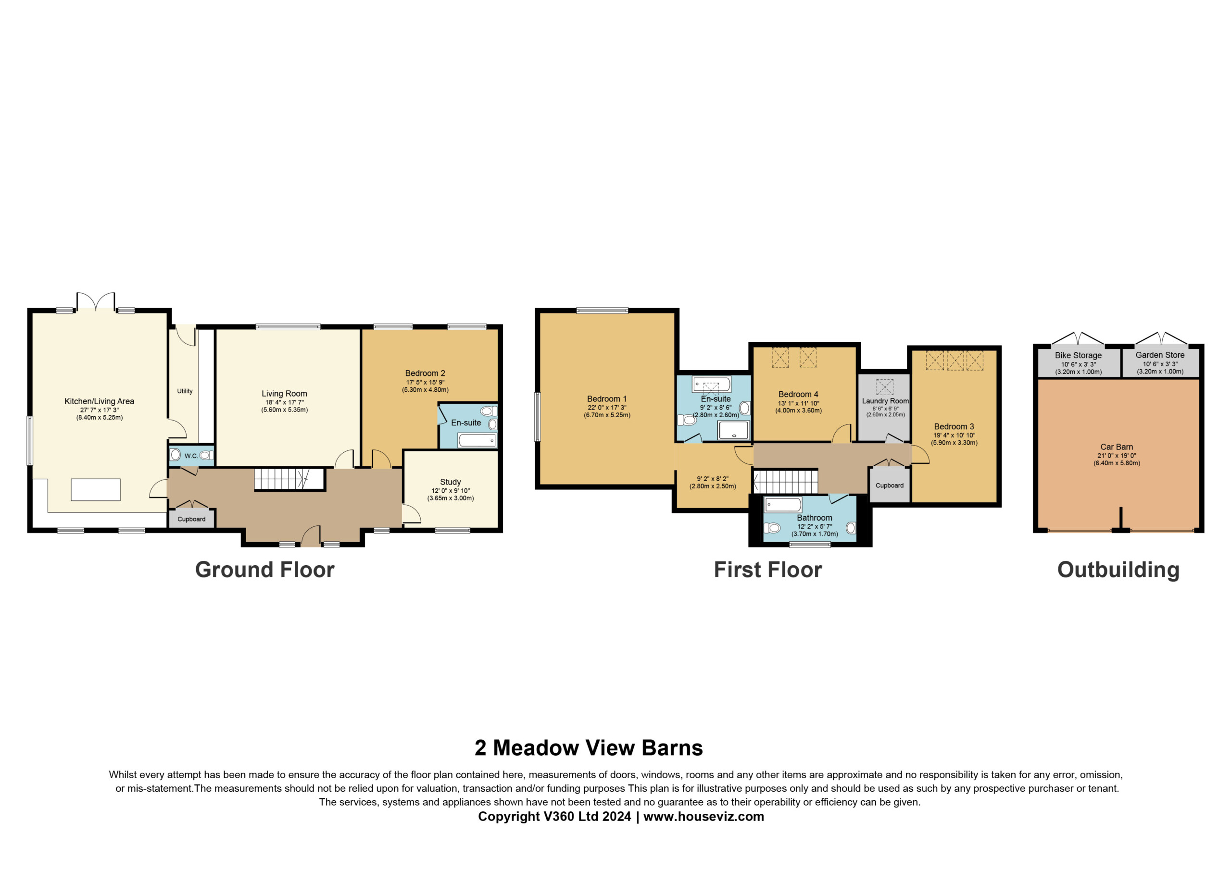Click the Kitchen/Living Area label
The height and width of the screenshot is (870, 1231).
point(99,401)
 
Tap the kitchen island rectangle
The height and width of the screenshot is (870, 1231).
point(95,489)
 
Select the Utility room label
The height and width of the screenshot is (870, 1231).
point(185,391)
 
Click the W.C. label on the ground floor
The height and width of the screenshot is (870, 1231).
point(191,456)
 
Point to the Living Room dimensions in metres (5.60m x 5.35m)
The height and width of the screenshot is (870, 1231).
point(285,410)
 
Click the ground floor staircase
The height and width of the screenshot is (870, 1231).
point(289,479)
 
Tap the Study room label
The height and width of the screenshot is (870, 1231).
point(451,482)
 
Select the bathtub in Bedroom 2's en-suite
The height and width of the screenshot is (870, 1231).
point(477,441)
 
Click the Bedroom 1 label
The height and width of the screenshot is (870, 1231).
point(607,399)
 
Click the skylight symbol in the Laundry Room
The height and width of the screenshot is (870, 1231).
point(885,387)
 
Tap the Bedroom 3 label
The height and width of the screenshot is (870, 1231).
point(955,427)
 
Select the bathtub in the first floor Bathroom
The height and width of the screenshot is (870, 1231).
point(783,504)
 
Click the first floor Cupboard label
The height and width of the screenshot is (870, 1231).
point(890,485)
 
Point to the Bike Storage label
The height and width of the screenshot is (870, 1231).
point(1078,355)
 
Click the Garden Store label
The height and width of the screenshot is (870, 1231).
point(1160,355)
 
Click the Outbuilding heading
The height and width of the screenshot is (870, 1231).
point(1118,570)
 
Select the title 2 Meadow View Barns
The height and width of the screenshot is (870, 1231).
point(589,748)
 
